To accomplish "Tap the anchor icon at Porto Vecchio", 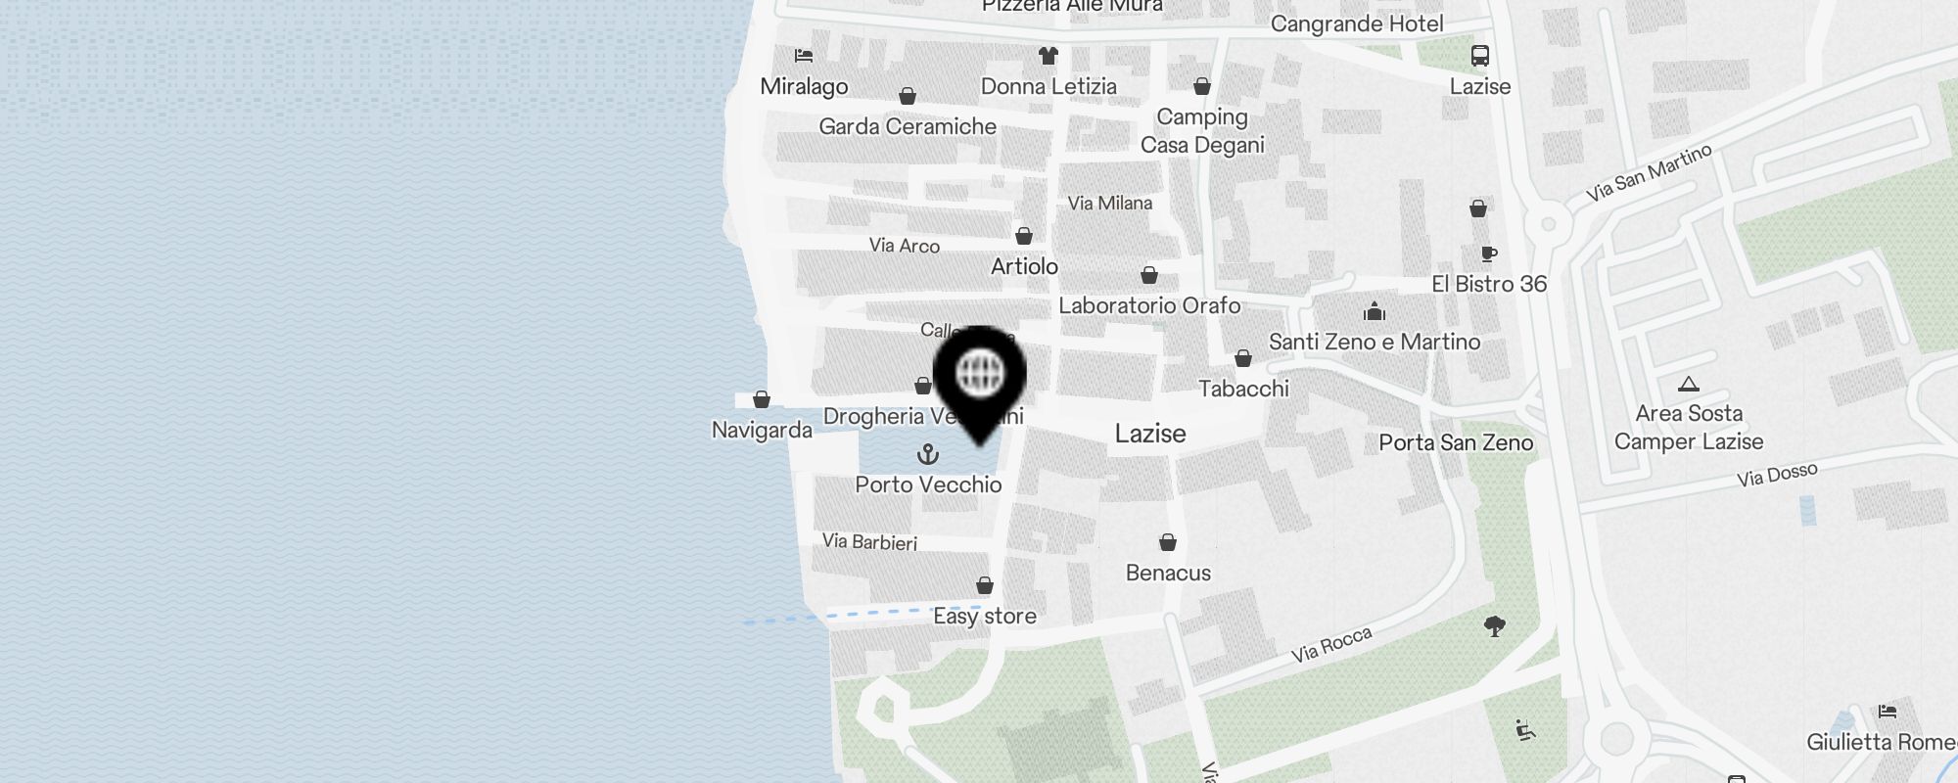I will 927,454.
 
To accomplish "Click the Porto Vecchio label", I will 928,484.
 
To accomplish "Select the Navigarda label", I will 762,430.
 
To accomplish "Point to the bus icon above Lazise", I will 1479,56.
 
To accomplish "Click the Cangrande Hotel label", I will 1357,23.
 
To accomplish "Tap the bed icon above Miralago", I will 804,56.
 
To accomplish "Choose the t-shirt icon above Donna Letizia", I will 1049,55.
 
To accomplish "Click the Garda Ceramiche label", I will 908,126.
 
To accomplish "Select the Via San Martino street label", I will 1650,172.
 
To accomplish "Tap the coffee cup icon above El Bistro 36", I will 1489,254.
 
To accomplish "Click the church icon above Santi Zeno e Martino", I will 1375,312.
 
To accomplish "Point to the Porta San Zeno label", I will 1456,442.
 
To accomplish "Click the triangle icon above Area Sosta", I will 1688,384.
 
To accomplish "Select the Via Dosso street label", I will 1777,475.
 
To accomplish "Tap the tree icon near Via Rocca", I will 1494,625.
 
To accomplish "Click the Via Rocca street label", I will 1331,644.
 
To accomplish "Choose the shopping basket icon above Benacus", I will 1168,542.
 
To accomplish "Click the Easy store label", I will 985,616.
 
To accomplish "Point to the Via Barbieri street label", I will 869,541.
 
